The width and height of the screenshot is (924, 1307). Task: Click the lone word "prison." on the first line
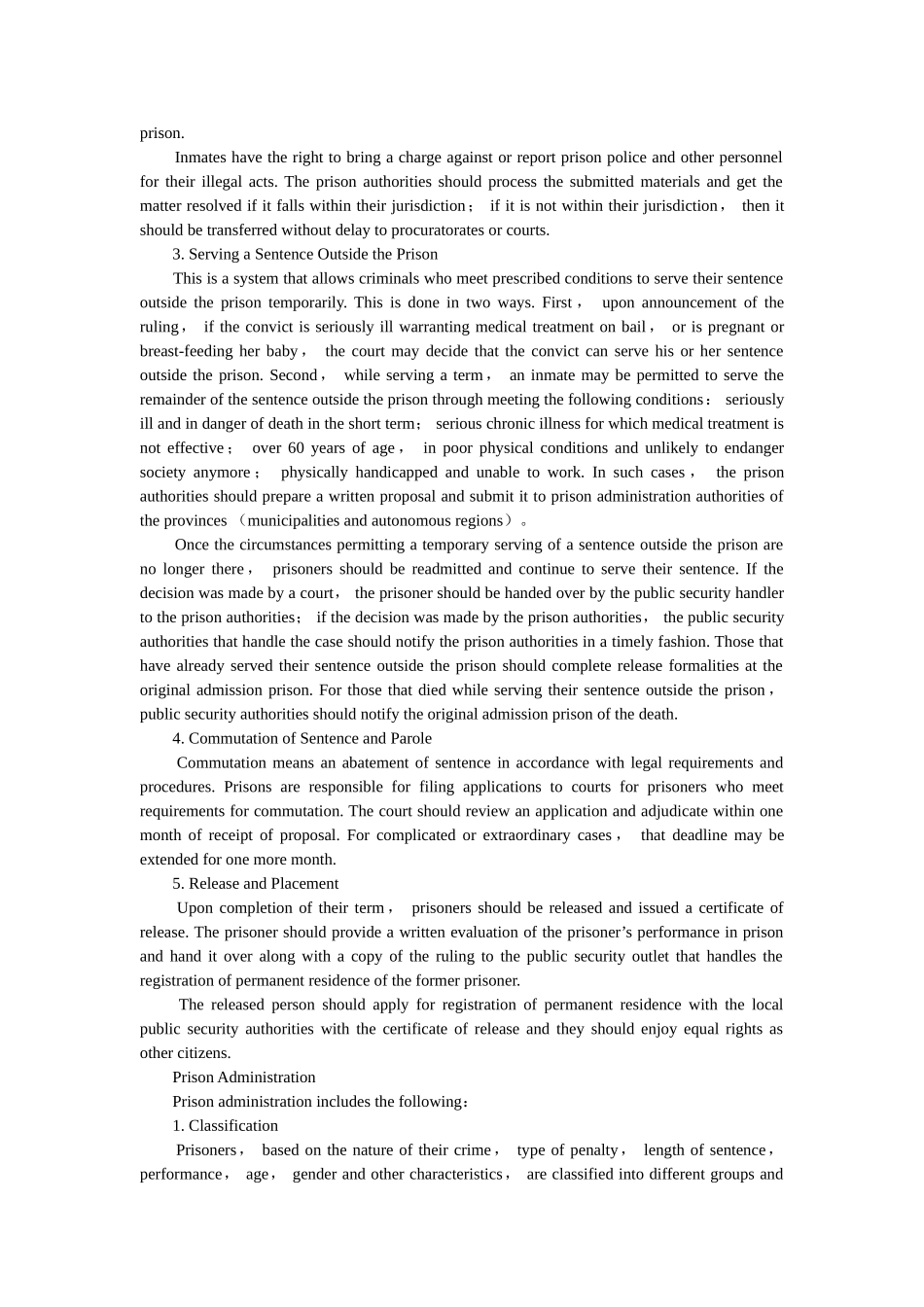[x=161, y=133]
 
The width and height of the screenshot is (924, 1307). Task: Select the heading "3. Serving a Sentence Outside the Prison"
[x=304, y=254]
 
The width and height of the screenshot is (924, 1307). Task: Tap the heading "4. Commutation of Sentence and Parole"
[x=302, y=738]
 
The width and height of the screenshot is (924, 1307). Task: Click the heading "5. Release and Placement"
[x=255, y=883]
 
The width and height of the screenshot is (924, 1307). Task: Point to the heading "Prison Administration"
[x=243, y=1077]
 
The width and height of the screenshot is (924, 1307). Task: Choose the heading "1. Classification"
[x=225, y=1125]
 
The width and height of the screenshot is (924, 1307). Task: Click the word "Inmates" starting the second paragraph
[x=200, y=158]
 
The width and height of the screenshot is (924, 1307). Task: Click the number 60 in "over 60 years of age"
[x=296, y=448]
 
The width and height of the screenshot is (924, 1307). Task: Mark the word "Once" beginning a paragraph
[x=192, y=545]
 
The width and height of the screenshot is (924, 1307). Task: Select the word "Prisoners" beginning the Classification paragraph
[x=206, y=1149]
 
